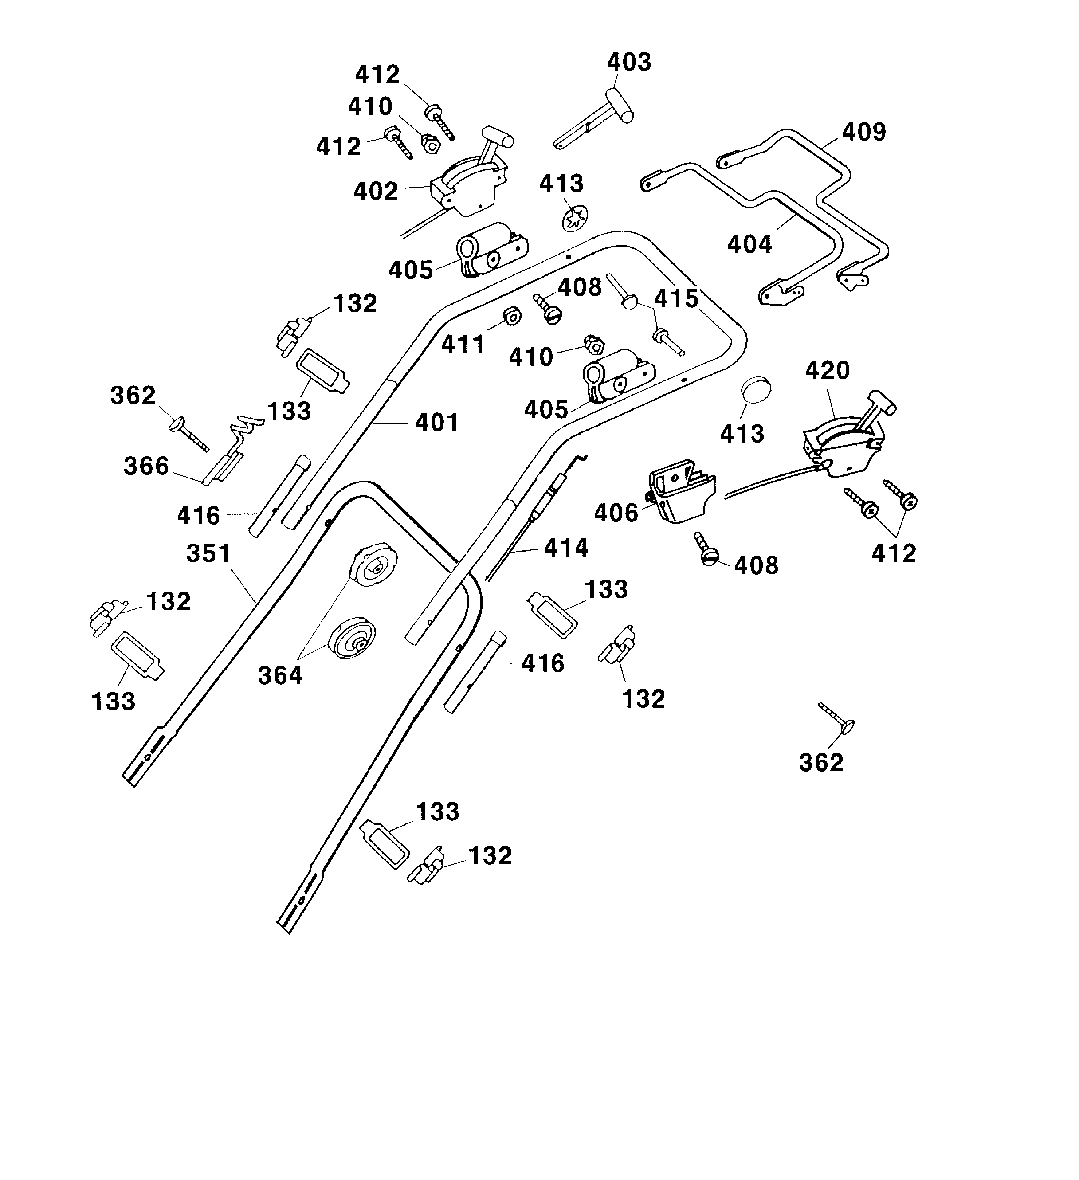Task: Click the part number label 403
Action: [x=629, y=62]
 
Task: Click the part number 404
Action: [x=749, y=244]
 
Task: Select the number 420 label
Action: [x=827, y=371]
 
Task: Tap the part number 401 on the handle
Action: [x=437, y=423]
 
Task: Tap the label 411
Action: [x=463, y=345]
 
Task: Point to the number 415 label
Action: [x=676, y=299]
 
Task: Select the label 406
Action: [x=616, y=514]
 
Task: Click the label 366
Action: [x=146, y=467]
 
